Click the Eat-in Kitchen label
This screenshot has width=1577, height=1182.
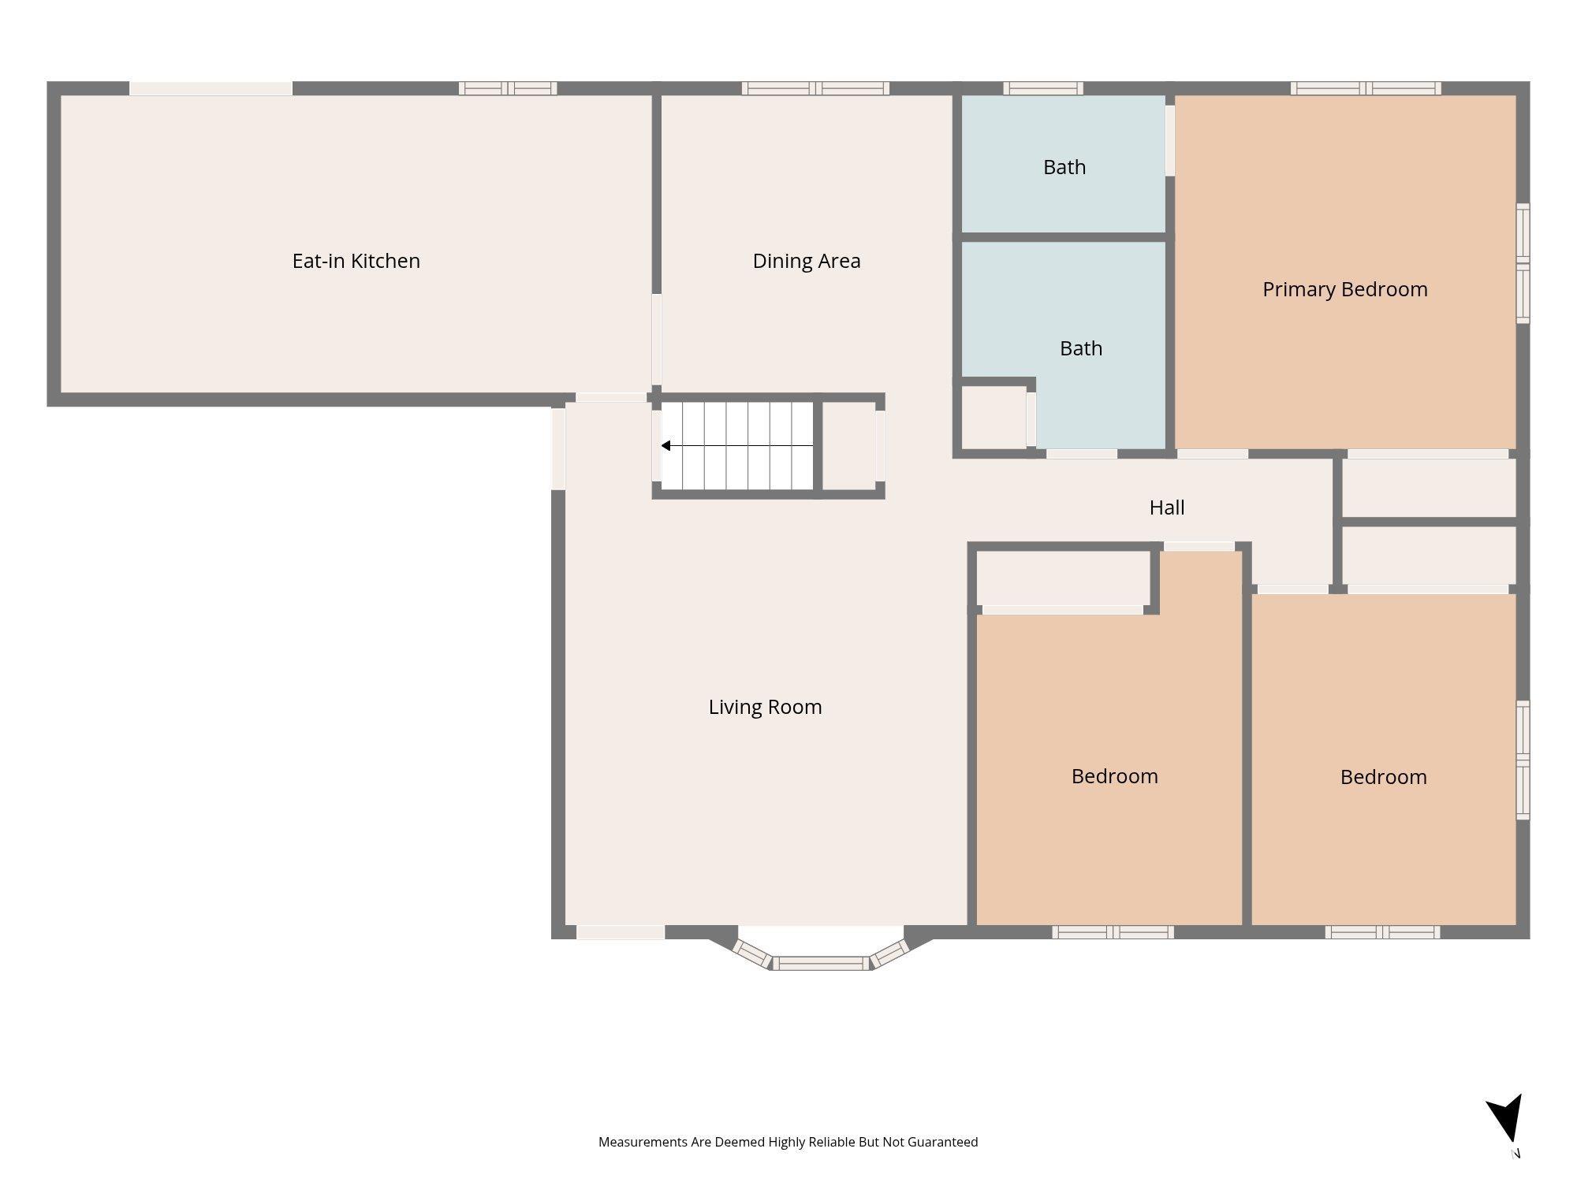pos(356,261)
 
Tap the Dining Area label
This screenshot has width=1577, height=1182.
pos(806,261)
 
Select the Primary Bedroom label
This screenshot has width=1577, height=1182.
pos(1344,289)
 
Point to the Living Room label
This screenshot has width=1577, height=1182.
pos(765,707)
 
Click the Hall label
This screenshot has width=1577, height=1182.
pos(1166,507)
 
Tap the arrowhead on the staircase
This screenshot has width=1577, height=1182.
pos(665,446)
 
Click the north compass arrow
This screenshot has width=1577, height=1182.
pos(1506,1119)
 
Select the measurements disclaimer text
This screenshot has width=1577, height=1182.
pos(788,1142)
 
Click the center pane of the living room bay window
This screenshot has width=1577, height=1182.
pos(820,963)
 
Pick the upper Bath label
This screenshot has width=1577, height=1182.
pos(1064,167)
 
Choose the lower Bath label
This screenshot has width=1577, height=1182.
pos(1080,348)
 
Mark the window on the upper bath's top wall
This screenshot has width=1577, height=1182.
pos(1042,88)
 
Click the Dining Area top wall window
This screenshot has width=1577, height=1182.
pos(815,88)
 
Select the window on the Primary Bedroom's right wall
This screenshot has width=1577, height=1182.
pos(1523,263)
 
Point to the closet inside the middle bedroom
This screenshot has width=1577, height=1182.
pos(1064,578)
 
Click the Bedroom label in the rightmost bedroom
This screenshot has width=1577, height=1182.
pos(1383,777)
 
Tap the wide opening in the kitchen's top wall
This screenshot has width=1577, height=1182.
pos(211,88)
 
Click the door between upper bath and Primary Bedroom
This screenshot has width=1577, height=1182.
pos(1170,140)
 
